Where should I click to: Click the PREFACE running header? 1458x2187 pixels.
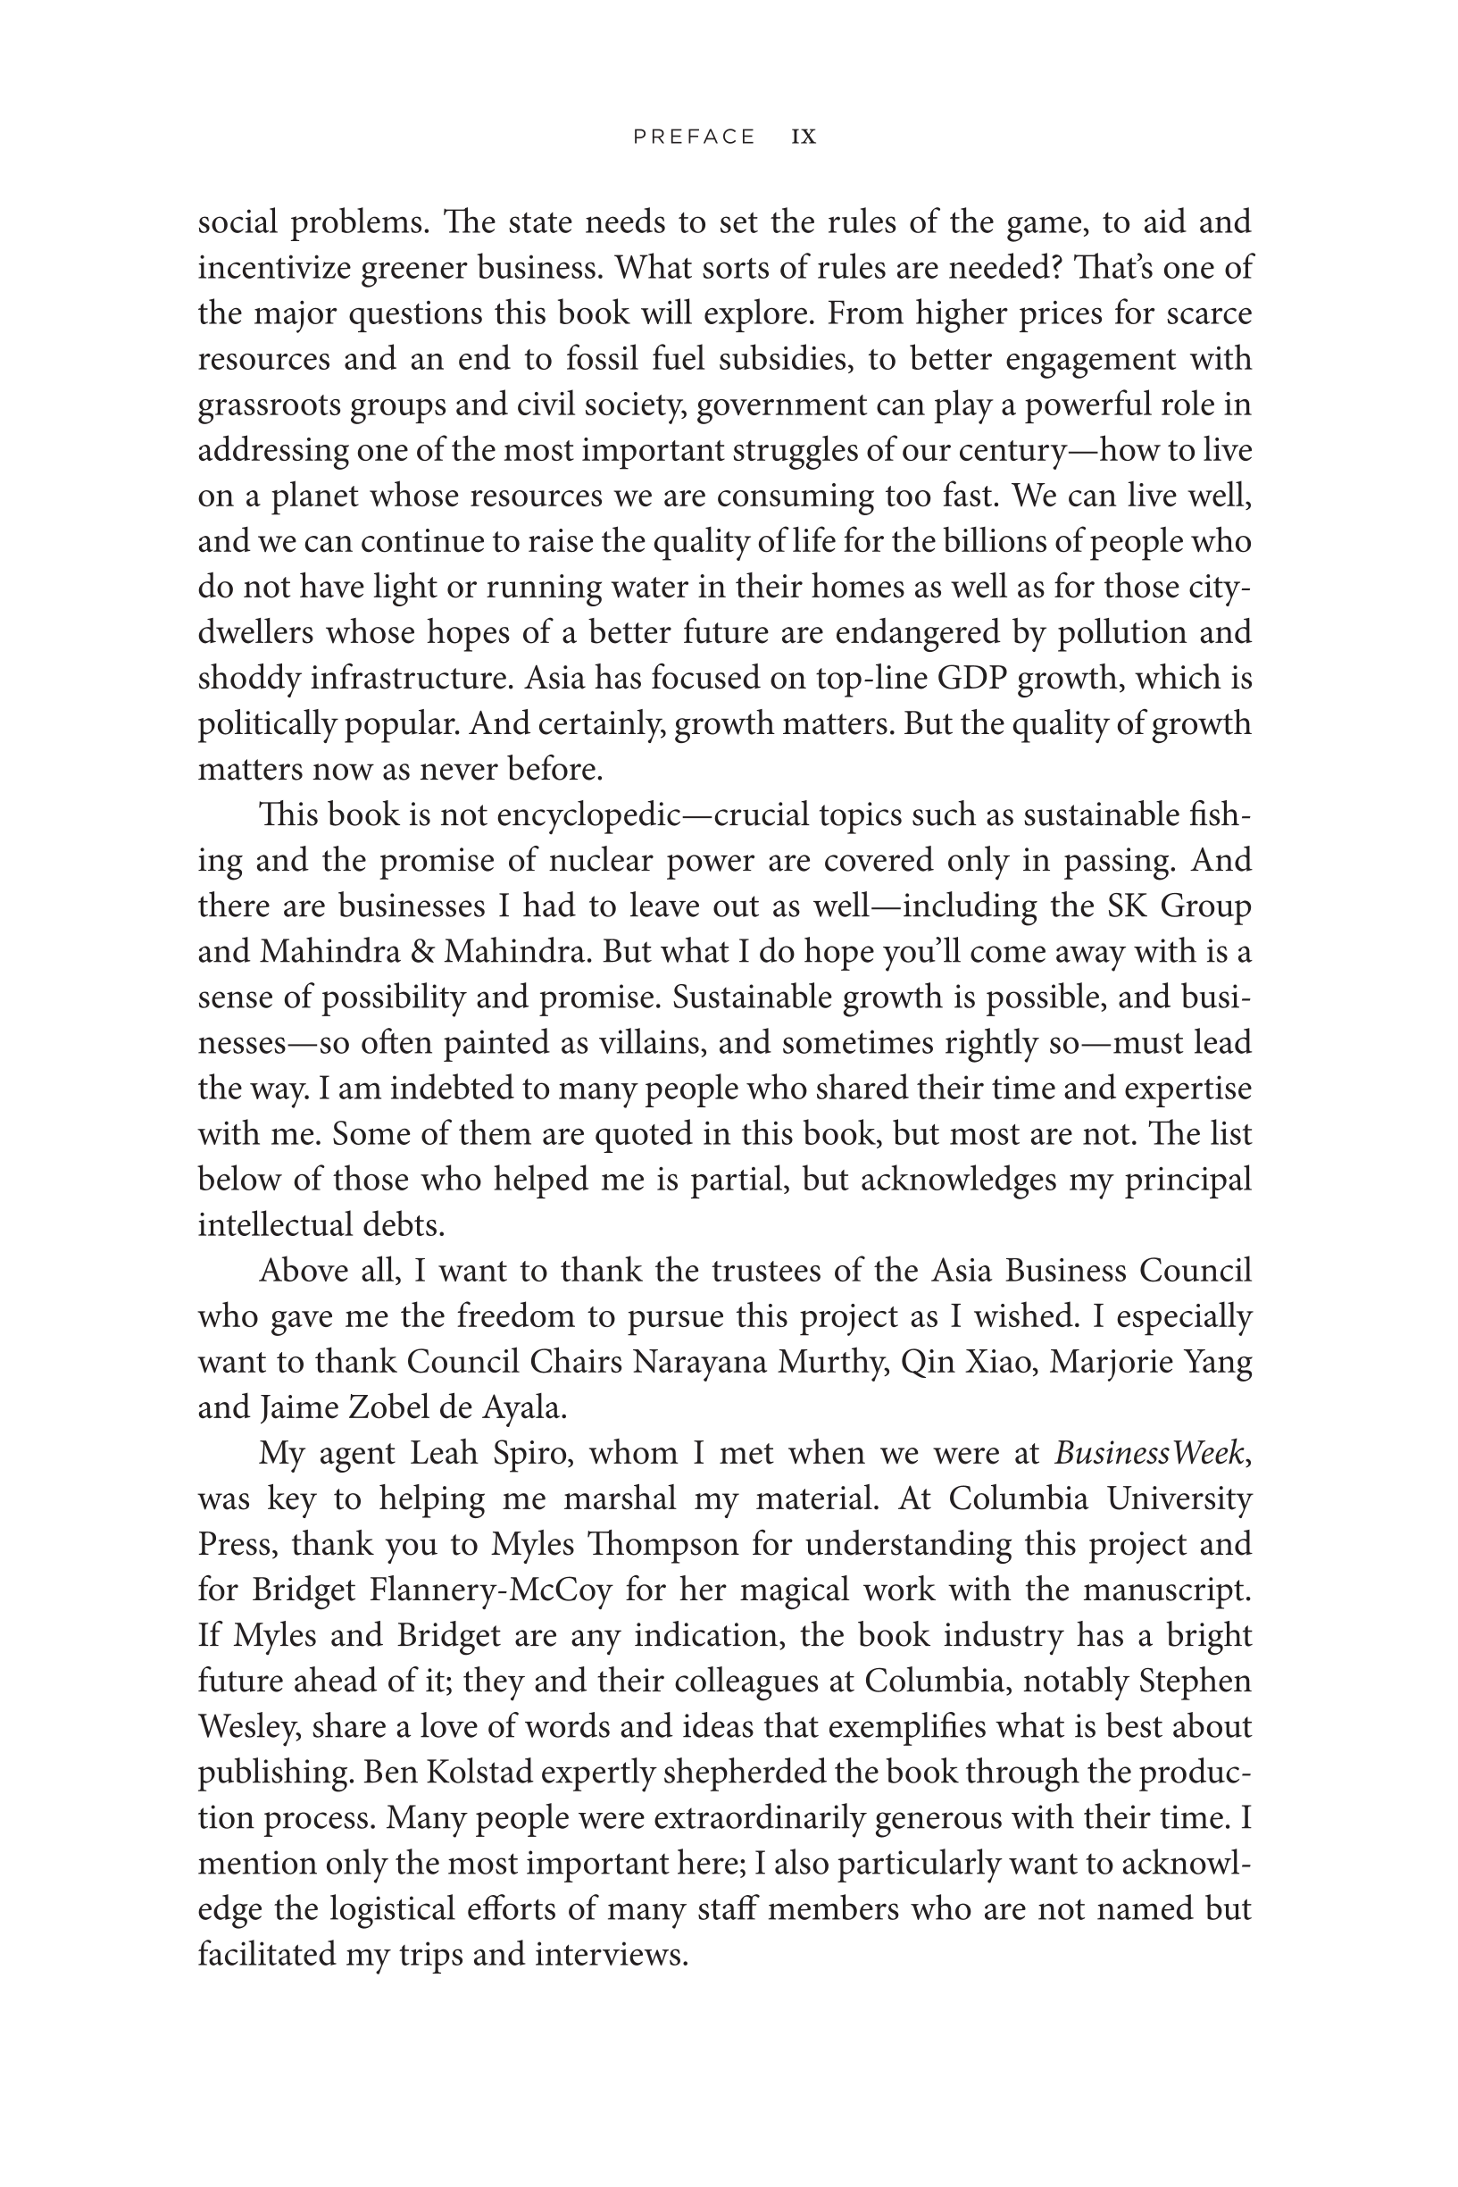click(694, 137)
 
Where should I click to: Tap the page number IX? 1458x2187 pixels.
click(804, 137)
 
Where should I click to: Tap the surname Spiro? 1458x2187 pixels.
click(525, 1452)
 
